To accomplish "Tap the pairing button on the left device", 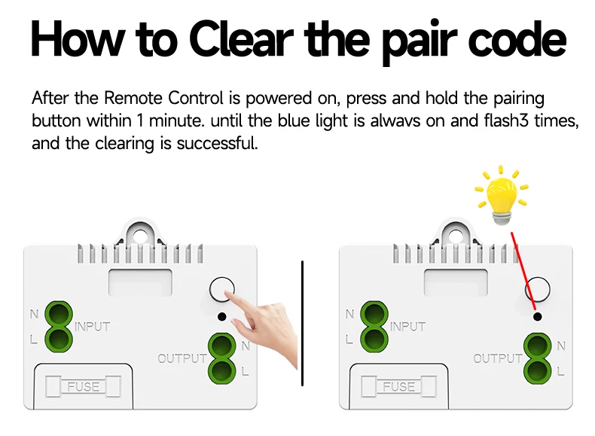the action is pos(221,289).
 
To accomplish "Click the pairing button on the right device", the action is pos(537,289).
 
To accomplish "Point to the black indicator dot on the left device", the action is pos(221,317).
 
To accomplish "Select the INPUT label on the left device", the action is pos(92,327).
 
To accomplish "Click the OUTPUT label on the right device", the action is pos(497,358).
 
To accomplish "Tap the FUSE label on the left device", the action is pos(83,387).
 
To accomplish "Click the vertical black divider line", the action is pos(302,324).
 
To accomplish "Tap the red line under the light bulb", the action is pos(523,271).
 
